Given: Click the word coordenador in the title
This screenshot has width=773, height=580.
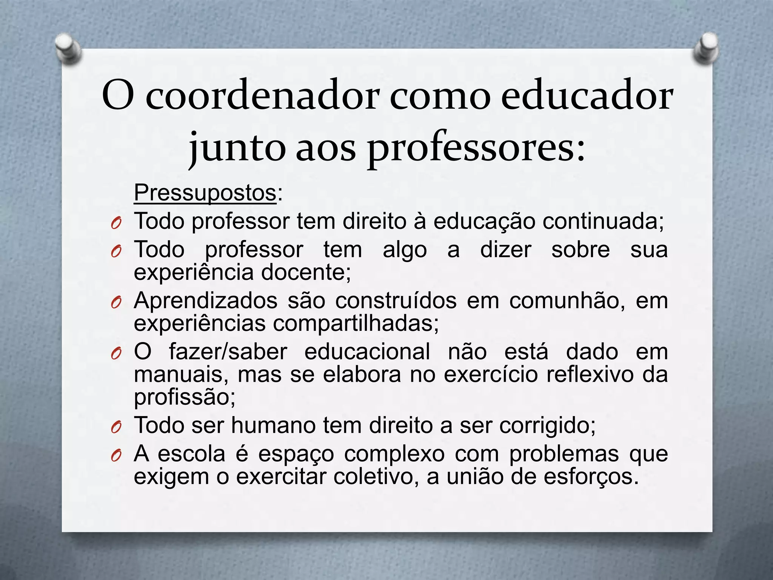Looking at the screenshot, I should click(x=262, y=96).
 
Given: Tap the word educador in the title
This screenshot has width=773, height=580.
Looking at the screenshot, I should click(x=587, y=96).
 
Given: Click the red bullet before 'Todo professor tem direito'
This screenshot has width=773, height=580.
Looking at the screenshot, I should click(x=116, y=224).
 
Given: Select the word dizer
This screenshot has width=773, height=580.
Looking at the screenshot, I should click(x=505, y=250).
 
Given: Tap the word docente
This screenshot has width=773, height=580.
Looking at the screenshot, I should click(x=306, y=272).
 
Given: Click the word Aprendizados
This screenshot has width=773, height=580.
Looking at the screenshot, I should click(x=206, y=301).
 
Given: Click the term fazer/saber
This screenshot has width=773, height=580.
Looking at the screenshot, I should click(x=228, y=352).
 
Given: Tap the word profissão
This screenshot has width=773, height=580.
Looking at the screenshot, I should click(x=185, y=397).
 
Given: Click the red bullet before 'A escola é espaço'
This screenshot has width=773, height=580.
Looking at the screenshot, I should click(x=116, y=456).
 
